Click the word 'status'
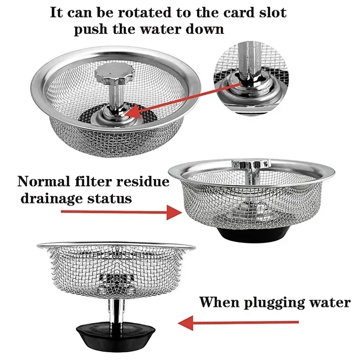point(110,198)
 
